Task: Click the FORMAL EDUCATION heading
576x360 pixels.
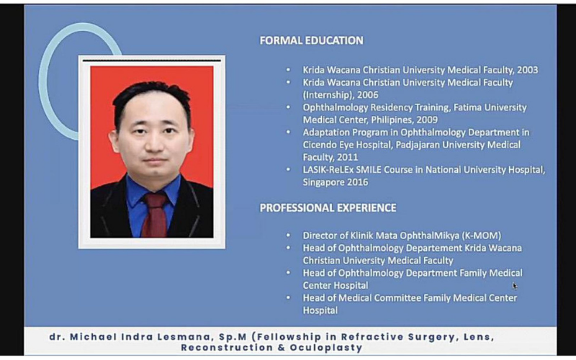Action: [x=312, y=40]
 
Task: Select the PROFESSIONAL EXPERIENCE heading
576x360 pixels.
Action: [x=328, y=208]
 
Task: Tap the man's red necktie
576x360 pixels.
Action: [x=155, y=215]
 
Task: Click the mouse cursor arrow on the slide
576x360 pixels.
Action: [x=515, y=286]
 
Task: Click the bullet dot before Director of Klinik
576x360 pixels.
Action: [x=289, y=235]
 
